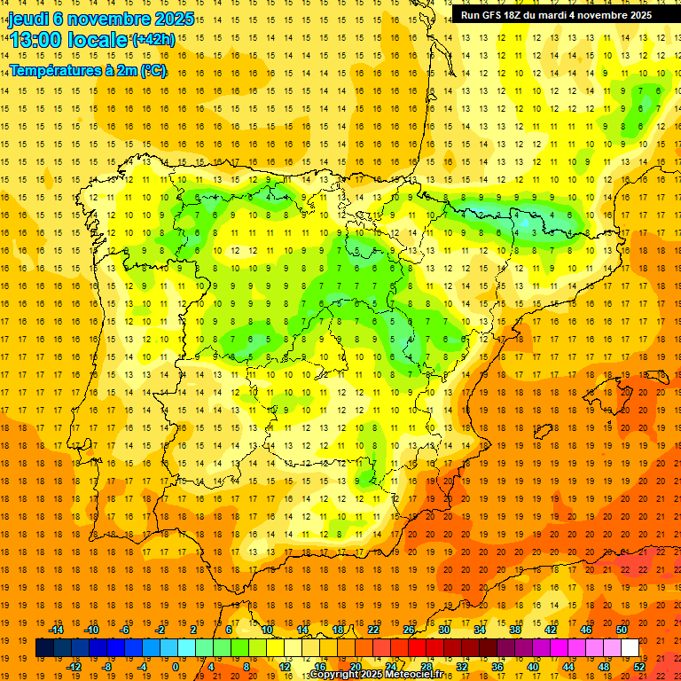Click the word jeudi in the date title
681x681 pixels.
(28, 19)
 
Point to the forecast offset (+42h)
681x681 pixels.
(153, 40)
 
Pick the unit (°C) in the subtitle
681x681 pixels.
(153, 69)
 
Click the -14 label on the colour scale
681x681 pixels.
(57, 630)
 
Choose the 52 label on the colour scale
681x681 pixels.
(639, 667)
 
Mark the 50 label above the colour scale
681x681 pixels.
(622, 630)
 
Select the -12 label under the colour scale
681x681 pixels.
(74, 667)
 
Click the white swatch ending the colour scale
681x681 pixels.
(630, 648)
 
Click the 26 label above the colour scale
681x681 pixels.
(409, 630)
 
